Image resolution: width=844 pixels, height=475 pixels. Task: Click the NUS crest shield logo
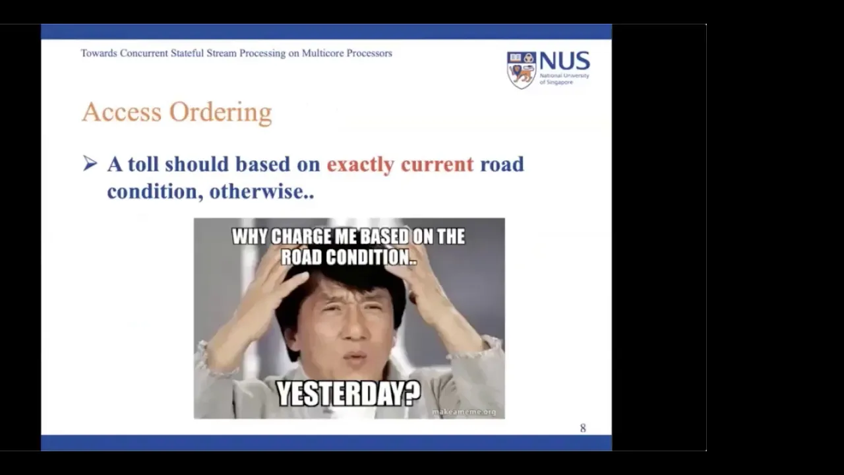click(522, 70)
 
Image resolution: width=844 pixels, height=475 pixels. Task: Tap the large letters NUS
click(565, 61)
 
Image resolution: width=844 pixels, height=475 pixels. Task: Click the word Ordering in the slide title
click(220, 113)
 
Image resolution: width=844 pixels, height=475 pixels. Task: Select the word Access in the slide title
click(122, 112)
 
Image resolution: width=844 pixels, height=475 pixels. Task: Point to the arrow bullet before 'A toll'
click(90, 164)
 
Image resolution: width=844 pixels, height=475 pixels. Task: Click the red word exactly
click(361, 165)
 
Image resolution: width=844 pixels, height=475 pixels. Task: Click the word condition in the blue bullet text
click(152, 191)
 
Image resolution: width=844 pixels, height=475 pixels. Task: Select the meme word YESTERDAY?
click(349, 394)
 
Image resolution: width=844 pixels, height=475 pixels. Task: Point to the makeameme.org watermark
click(464, 412)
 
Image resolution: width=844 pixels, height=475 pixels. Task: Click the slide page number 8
click(583, 428)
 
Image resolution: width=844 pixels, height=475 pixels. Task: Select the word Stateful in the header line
click(187, 53)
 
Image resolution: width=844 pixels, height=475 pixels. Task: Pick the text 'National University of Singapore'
click(564, 79)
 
